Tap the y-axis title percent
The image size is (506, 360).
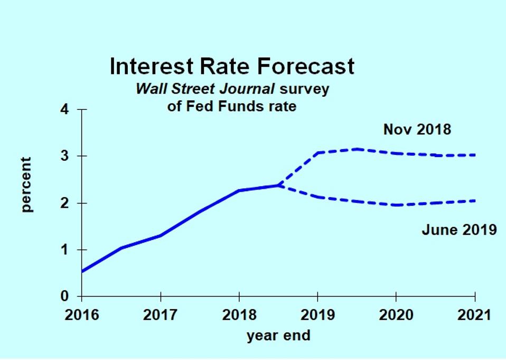point(26,184)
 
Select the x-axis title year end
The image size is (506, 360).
point(278,335)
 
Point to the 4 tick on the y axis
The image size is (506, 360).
point(65,110)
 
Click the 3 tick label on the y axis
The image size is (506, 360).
point(65,156)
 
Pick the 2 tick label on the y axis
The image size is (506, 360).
point(65,203)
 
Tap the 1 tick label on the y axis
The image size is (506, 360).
point(65,250)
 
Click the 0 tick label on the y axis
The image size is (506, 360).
point(65,296)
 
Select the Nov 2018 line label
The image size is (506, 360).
point(417,130)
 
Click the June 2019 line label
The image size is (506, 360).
point(459,230)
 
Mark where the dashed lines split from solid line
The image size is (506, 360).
point(278,185)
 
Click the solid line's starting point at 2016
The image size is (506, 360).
point(82,271)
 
